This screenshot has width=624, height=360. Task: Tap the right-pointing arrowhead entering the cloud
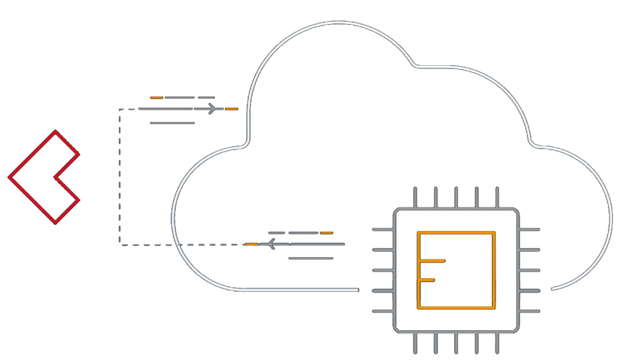point(213,109)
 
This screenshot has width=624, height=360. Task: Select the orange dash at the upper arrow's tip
point(231,109)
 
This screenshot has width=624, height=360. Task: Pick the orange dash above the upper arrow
point(157,97)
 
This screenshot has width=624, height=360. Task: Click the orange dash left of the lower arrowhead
point(252,244)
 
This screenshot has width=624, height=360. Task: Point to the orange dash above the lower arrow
point(327,233)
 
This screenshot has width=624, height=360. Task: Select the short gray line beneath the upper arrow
point(172,123)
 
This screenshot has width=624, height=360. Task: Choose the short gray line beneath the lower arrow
point(311,258)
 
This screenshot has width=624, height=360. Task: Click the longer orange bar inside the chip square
point(432,261)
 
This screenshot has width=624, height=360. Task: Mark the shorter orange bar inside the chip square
point(427,280)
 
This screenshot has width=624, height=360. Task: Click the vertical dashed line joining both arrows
point(119,177)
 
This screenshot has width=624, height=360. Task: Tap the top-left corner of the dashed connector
point(119,110)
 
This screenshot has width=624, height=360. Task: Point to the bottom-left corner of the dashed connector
point(120,244)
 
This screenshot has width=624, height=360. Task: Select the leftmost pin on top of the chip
point(416,197)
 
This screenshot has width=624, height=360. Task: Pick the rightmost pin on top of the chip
point(497,197)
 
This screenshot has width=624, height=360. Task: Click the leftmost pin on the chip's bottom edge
point(416,343)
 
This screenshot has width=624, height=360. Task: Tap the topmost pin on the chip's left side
point(383,230)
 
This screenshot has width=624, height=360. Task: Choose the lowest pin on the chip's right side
point(530,311)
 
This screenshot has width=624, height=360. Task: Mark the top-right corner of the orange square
point(494,233)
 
